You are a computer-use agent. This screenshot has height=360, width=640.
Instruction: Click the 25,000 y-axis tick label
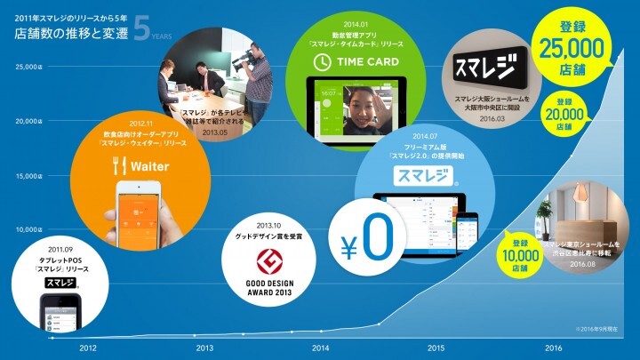click(29, 66)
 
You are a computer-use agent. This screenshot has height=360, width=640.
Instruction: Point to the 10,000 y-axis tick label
click(29, 229)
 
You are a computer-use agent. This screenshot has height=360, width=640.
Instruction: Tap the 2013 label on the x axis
click(204, 348)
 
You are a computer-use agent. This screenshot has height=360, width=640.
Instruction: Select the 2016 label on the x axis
click(553, 348)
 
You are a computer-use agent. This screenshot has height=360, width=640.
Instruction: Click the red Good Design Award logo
click(269, 261)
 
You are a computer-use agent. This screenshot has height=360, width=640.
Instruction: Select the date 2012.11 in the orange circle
click(130, 124)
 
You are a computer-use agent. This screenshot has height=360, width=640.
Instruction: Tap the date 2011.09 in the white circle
click(61, 250)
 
